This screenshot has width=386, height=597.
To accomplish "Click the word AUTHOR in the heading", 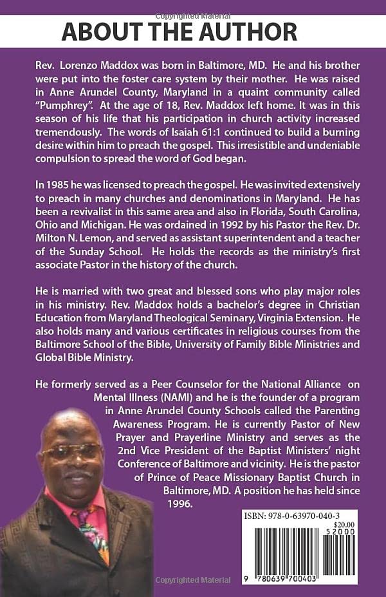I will coord(248,32).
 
